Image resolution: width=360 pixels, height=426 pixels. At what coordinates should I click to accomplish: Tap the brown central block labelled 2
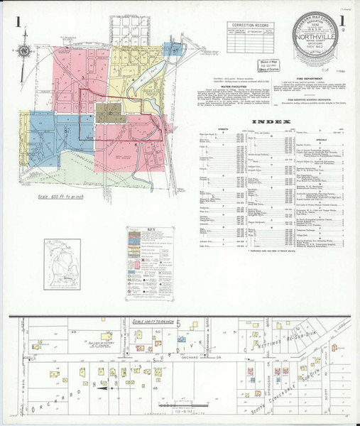(x=111, y=111)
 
